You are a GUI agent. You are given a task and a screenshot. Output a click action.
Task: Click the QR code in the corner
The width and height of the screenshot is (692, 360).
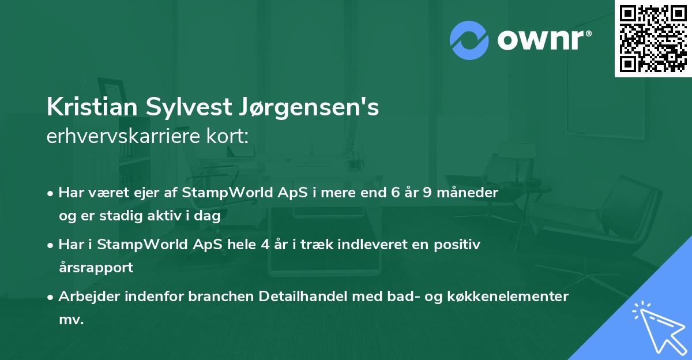coord(653,39)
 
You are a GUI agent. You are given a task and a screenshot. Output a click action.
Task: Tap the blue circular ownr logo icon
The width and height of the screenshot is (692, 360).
coord(469,40)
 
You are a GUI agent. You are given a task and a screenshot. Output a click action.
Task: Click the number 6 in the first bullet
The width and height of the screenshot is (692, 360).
coord(396,192)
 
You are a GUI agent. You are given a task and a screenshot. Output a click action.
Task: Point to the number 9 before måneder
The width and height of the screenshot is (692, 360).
coord(427,192)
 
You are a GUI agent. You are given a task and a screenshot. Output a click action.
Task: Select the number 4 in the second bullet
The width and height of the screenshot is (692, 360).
coord(265,244)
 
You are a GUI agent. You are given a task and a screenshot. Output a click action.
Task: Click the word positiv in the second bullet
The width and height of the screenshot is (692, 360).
coord(458,244)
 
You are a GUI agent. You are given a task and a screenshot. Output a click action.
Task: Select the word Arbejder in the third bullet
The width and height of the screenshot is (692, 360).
coord(86,297)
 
